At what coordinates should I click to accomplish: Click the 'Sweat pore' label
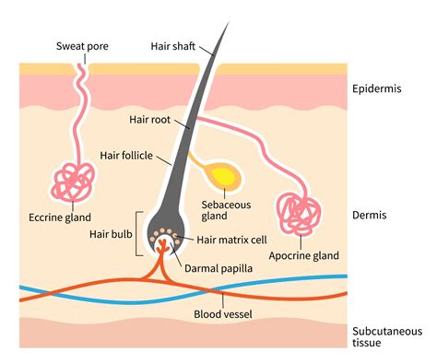pos(82,46)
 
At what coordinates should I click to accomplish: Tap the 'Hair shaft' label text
pos(171,44)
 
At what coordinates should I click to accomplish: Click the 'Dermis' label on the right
pos(369,215)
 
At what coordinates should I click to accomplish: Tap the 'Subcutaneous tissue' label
pos(386,336)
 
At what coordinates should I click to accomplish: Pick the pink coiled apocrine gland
pos(301,215)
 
